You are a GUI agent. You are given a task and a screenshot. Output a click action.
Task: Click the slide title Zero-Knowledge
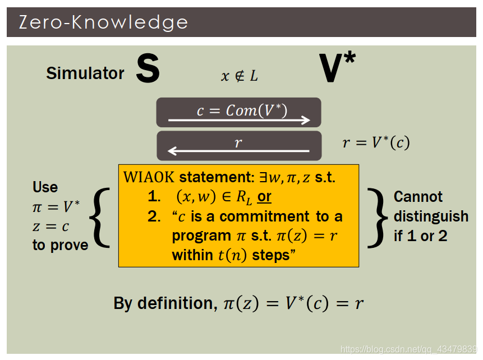[x=103, y=22]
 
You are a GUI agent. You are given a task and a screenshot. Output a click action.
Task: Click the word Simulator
[x=85, y=73]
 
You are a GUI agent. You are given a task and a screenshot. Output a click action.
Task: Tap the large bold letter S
[x=148, y=70]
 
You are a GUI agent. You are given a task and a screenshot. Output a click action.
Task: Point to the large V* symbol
[x=337, y=68]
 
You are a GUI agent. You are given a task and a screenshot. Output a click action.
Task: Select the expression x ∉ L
[x=240, y=76]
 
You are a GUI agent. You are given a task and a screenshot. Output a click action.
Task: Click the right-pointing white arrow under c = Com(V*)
[x=239, y=120]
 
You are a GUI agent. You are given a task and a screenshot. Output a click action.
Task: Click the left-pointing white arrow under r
[x=239, y=151]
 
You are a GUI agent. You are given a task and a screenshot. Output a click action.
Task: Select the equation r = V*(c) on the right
[x=376, y=143]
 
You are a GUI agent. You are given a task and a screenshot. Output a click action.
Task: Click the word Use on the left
[x=45, y=187]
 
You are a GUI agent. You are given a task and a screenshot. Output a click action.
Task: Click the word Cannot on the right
[x=418, y=197]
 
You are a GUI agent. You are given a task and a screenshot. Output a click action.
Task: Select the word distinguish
[x=431, y=216]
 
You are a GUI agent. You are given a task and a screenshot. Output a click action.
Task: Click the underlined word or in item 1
[x=264, y=197]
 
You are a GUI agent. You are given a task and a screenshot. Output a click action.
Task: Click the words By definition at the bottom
[x=163, y=303]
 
